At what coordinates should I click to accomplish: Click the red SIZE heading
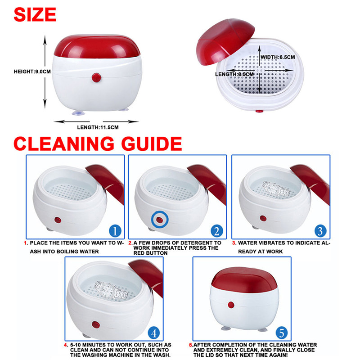[35, 14]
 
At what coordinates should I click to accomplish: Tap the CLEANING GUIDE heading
[98, 144]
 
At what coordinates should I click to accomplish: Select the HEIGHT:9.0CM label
[32, 72]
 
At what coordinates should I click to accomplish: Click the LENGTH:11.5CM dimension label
[98, 127]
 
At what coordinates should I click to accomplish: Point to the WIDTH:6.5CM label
[278, 57]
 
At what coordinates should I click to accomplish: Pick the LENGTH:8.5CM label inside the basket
[234, 74]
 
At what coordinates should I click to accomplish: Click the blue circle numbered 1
[115, 231]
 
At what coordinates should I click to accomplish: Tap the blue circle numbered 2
[217, 231]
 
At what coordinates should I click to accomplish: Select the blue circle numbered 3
[320, 231]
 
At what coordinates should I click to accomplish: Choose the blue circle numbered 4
[154, 333]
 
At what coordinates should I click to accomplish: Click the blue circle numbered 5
[282, 333]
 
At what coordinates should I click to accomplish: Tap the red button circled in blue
[160, 220]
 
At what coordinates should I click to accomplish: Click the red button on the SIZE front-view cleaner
[96, 77]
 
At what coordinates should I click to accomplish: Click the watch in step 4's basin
[111, 291]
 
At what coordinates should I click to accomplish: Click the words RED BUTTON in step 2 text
[150, 253]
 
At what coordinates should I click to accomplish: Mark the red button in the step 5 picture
[231, 305]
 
